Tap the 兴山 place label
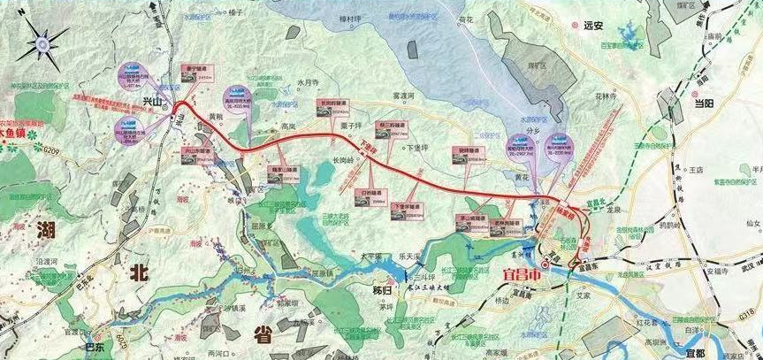153,103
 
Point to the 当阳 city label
704,103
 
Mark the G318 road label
746,313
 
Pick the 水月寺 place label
310,82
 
